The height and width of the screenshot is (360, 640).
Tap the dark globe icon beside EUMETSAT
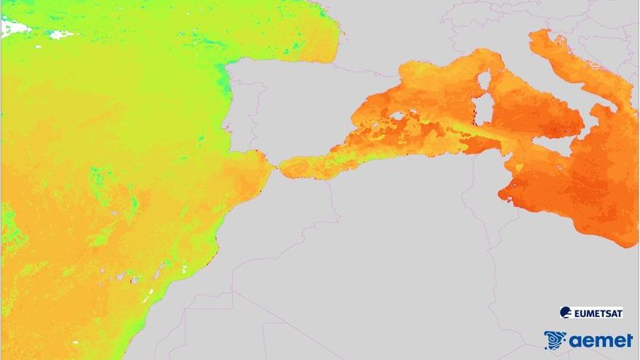(x=565, y=313)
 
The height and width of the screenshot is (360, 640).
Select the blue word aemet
(x=601, y=340)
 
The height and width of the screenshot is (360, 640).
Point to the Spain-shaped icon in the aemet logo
(x=555, y=340)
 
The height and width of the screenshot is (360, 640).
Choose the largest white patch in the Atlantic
(x=15, y=28)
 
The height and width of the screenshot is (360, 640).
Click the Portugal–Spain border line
(x=255, y=116)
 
